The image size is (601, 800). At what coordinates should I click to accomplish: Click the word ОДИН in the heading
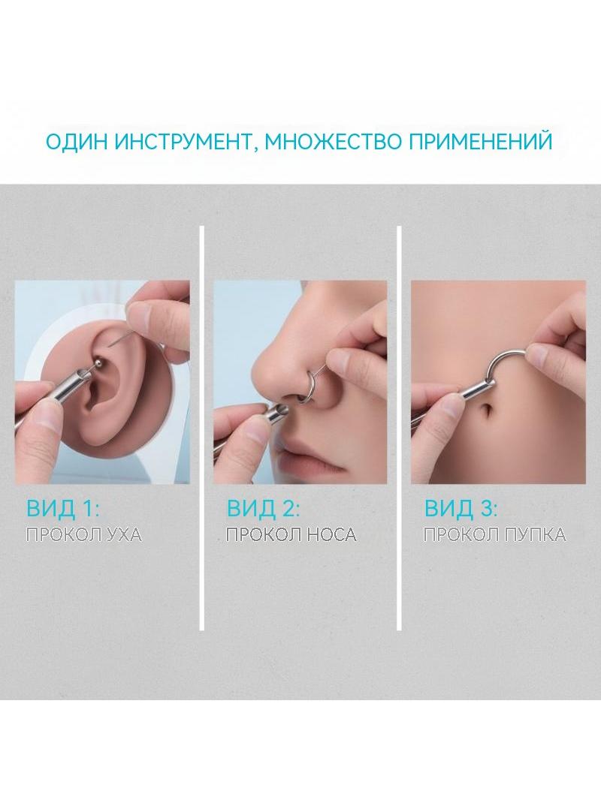[x=77, y=141]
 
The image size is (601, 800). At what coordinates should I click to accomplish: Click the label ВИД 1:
[x=62, y=508]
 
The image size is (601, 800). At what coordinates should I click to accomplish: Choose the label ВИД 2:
[x=264, y=508]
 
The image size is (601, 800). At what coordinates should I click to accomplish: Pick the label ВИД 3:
[x=461, y=508]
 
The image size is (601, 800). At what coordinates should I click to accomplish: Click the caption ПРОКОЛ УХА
[x=83, y=534]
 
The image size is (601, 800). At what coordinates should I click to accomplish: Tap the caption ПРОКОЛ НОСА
[x=291, y=534]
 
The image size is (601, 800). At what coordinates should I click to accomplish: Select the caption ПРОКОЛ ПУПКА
[x=495, y=534]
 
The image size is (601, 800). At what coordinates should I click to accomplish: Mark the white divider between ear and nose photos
[x=201, y=428]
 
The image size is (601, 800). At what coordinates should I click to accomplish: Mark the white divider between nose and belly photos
[x=399, y=428]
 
